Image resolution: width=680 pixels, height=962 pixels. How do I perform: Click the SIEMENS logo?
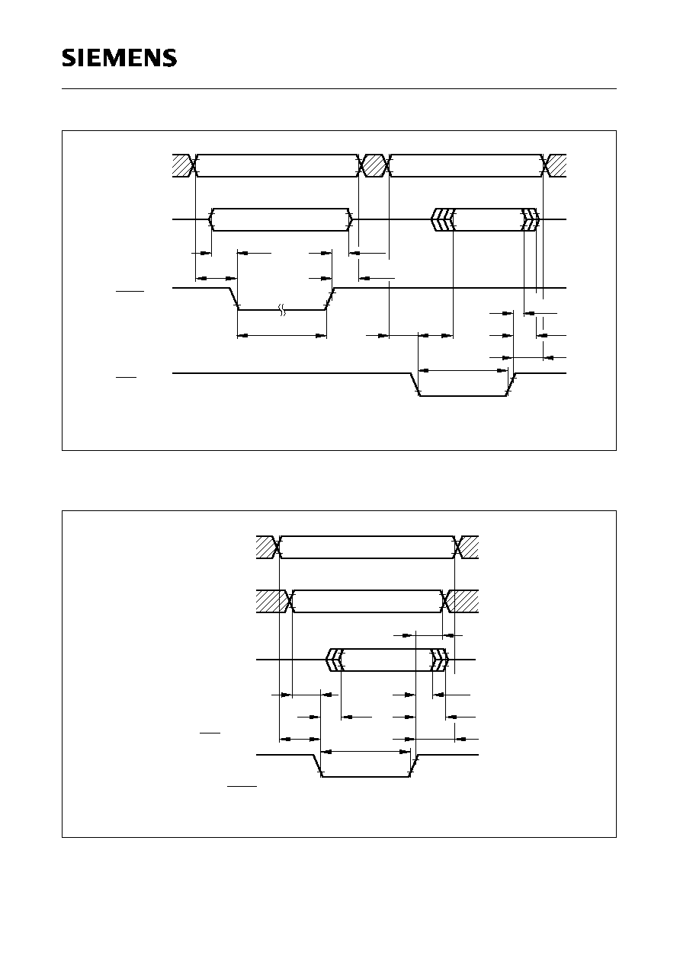pyautogui.click(x=119, y=58)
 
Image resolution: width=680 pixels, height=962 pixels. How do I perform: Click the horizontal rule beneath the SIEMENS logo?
pyautogui.click(x=339, y=89)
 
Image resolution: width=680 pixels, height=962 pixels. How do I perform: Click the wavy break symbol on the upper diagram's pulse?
pyautogui.click(x=282, y=310)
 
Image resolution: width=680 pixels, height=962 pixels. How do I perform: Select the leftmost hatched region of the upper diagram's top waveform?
pyautogui.click(x=182, y=165)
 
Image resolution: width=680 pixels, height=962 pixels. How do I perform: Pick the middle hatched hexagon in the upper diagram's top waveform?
pyautogui.click(x=374, y=165)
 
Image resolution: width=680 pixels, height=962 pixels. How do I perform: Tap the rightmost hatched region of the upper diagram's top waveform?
pyautogui.click(x=557, y=165)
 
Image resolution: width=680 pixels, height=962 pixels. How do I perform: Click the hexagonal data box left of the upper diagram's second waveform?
pyautogui.click(x=281, y=219)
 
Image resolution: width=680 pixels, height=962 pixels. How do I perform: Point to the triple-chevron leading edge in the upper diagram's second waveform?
pyautogui.click(x=443, y=219)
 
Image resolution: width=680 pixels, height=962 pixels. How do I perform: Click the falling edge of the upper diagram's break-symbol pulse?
pyautogui.click(x=234, y=299)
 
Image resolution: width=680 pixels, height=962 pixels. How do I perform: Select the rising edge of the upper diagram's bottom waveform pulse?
pyautogui.click(x=512, y=385)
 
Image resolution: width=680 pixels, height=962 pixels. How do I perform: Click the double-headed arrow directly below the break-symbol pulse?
pyautogui.click(x=282, y=336)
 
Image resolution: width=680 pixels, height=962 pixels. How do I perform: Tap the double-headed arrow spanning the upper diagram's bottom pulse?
pyautogui.click(x=463, y=370)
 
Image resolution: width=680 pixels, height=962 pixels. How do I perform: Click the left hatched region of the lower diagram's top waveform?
pyautogui.click(x=266, y=547)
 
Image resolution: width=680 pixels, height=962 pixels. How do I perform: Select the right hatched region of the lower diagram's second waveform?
pyautogui.click(x=463, y=601)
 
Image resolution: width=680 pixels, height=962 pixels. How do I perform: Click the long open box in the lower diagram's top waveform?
pyautogui.click(x=367, y=547)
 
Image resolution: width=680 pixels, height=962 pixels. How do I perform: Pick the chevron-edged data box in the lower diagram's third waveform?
pyautogui.click(x=387, y=659)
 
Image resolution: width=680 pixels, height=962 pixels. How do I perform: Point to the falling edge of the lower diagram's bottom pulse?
pyautogui.click(x=317, y=765)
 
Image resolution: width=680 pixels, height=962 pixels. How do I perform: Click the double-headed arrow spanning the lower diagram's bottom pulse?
pyautogui.click(x=366, y=752)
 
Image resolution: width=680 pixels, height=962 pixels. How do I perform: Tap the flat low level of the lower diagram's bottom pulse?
pyautogui.click(x=366, y=776)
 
